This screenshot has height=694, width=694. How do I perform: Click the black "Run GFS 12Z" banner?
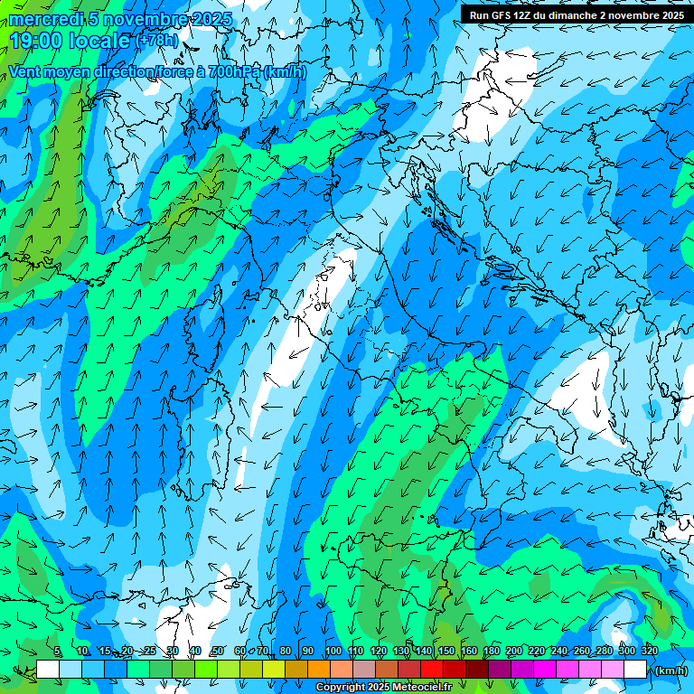pyautogui.click(x=576, y=14)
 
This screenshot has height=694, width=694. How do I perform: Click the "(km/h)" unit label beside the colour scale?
pyautogui.click(x=670, y=671)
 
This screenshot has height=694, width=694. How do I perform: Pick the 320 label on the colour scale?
pyautogui.click(x=649, y=651)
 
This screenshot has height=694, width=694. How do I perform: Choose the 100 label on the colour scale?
pyautogui.click(x=333, y=651)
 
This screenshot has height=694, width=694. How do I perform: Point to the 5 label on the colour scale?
pyautogui.click(x=57, y=651)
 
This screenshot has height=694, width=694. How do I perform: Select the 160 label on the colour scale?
pyautogui.click(x=469, y=651)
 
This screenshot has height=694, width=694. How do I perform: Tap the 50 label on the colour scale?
pyautogui.click(x=218, y=651)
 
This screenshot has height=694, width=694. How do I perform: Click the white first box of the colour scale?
pyautogui.click(x=48, y=670)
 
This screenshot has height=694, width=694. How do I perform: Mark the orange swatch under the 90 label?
pyautogui.click(x=318, y=670)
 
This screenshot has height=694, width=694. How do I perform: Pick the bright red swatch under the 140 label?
pyautogui.click(x=431, y=670)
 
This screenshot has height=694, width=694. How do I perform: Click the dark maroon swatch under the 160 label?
pyautogui.click(x=476, y=670)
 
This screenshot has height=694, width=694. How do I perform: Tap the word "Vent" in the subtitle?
pyautogui.click(x=26, y=72)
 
